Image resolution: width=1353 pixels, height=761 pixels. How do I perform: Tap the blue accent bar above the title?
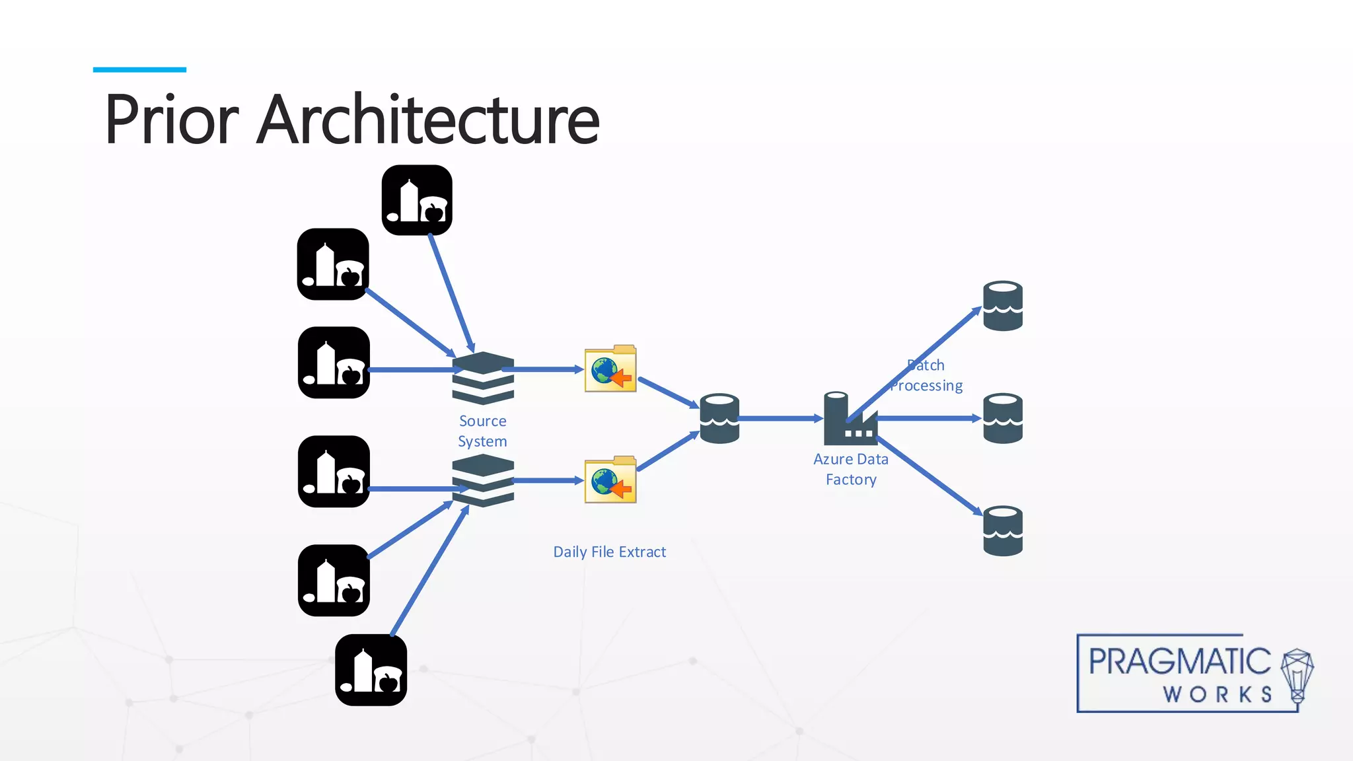[139, 69]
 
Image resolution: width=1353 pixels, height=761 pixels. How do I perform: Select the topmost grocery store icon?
[417, 200]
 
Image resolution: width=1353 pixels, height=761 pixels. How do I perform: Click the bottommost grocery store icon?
[371, 670]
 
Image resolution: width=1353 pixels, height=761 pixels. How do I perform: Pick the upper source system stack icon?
[483, 378]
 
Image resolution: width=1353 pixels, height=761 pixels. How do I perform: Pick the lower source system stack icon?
[483, 480]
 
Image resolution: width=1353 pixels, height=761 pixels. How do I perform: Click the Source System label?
[483, 431]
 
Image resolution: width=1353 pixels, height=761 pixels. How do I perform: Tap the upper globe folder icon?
[610, 369]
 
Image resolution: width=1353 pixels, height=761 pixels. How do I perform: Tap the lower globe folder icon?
[610, 480]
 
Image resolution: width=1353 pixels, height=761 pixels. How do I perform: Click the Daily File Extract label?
[609, 552]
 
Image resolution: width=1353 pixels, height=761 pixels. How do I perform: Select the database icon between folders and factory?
[719, 418]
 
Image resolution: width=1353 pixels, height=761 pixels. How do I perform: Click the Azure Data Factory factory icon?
[849, 420]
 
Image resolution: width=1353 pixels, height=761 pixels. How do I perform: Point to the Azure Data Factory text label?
[851, 469]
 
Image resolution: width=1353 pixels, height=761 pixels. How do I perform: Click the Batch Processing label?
[926, 375]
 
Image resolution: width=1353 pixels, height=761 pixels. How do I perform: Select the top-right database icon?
[1003, 306]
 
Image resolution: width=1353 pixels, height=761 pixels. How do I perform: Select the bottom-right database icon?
[1003, 530]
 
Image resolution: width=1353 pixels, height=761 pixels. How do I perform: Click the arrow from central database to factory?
[780, 418]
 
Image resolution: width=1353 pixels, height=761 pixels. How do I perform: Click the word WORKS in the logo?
[1218, 694]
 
